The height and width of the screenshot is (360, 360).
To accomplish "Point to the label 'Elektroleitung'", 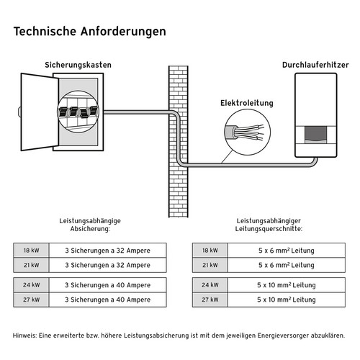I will [246, 104].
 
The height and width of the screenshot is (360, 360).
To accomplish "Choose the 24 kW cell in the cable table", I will [210, 284].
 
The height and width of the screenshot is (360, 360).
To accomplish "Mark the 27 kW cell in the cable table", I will [210, 299].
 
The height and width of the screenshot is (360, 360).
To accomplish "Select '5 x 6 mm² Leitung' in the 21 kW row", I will [286, 265].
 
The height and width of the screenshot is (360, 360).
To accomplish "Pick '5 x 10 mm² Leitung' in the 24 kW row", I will [286, 284].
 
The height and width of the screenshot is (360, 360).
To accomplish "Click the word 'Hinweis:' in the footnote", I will [26, 336].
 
